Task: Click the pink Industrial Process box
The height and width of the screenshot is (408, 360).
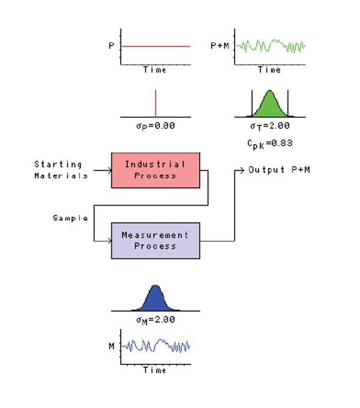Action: coord(155,170)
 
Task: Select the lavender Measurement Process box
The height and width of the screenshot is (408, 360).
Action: coord(155,240)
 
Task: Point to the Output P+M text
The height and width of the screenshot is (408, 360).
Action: coord(279,170)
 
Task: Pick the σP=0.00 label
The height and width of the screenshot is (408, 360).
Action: coord(155,125)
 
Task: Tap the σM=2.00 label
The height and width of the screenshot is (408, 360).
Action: coord(155,320)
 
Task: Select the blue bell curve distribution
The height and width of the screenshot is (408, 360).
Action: coord(155,299)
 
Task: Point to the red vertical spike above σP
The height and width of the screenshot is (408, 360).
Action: coord(155,103)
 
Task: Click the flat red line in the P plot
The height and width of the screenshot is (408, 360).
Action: coord(155,46)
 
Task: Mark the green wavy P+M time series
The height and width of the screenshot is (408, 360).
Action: coord(270,46)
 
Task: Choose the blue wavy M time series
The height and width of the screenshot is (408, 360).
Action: coord(155,347)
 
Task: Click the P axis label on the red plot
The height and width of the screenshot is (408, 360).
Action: coord(111,45)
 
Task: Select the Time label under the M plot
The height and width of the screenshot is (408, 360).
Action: coord(154,371)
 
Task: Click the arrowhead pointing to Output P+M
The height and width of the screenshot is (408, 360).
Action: coord(242,170)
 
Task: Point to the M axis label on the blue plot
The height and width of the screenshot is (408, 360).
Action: coord(111,347)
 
